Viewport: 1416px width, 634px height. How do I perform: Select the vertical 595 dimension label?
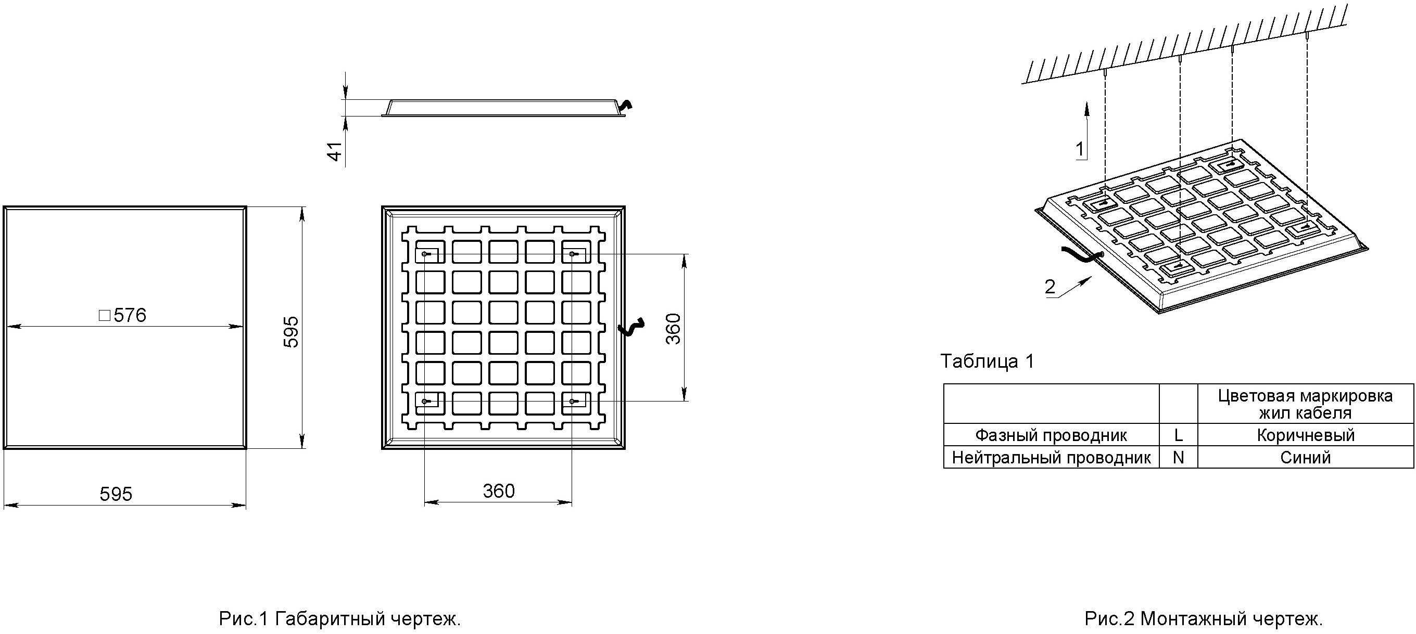tap(291, 331)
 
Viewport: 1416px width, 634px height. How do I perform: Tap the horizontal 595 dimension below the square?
tap(116, 494)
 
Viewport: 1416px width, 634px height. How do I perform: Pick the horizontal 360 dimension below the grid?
tap(499, 490)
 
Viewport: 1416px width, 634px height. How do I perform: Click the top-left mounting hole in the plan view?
tap(425, 254)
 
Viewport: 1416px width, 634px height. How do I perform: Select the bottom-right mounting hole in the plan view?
tap(573, 402)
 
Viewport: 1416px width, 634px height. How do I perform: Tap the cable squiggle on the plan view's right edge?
tap(630, 327)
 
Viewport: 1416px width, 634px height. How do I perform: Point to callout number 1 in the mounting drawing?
tap(1080, 149)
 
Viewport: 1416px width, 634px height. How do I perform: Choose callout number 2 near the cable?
tap(1050, 286)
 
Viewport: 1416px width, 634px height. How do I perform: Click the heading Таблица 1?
tap(987, 361)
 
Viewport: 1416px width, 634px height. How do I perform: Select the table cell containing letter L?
tap(1178, 435)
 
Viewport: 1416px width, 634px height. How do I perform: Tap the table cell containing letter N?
tap(1178, 457)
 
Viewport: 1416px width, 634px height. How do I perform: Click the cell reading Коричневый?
tap(1306, 435)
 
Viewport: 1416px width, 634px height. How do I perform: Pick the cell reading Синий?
tap(1306, 457)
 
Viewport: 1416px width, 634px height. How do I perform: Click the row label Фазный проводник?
tap(1051, 435)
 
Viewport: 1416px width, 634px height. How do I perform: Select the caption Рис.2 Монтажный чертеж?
tap(1204, 618)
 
